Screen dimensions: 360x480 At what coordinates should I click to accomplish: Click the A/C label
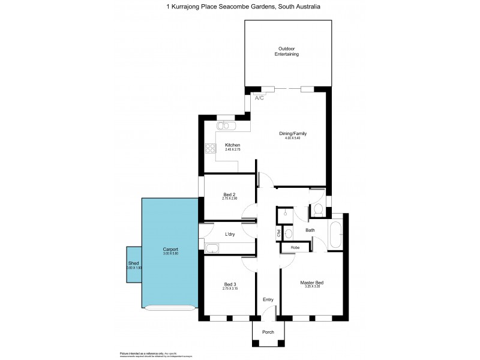coord(259,98)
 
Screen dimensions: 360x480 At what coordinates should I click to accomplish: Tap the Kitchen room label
coord(233,145)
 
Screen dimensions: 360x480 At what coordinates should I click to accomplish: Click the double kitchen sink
coord(227,125)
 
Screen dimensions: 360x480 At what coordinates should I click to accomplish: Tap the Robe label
coord(295,247)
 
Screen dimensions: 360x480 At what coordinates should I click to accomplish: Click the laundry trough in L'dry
coord(213,248)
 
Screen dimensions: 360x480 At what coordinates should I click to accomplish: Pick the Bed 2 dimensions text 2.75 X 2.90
coord(230,199)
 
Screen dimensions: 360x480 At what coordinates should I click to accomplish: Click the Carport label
coord(170,249)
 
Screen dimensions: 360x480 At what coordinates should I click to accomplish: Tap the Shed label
coord(133,263)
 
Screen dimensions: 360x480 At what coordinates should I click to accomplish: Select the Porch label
coord(268,331)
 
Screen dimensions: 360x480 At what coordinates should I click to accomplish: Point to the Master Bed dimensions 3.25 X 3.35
coord(311,287)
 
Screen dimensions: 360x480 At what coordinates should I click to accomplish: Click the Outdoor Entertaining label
coord(288,51)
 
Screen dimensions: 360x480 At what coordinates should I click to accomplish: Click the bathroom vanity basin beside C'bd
coord(289,233)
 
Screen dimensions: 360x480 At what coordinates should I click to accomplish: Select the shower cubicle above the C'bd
coord(286,214)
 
